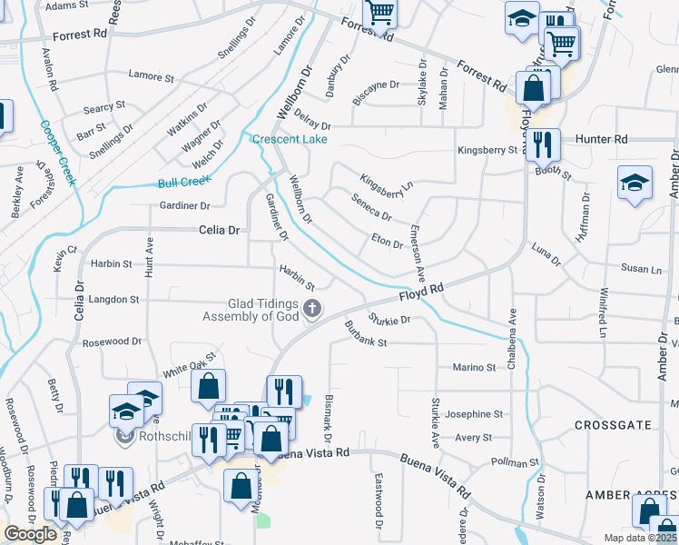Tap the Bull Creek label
coord(177,182)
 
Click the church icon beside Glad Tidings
coord(312,310)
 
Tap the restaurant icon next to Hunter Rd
coord(543,143)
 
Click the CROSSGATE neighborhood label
coord(613,425)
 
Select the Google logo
coord(30,534)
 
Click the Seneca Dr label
coord(370,210)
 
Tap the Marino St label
coord(474,368)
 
